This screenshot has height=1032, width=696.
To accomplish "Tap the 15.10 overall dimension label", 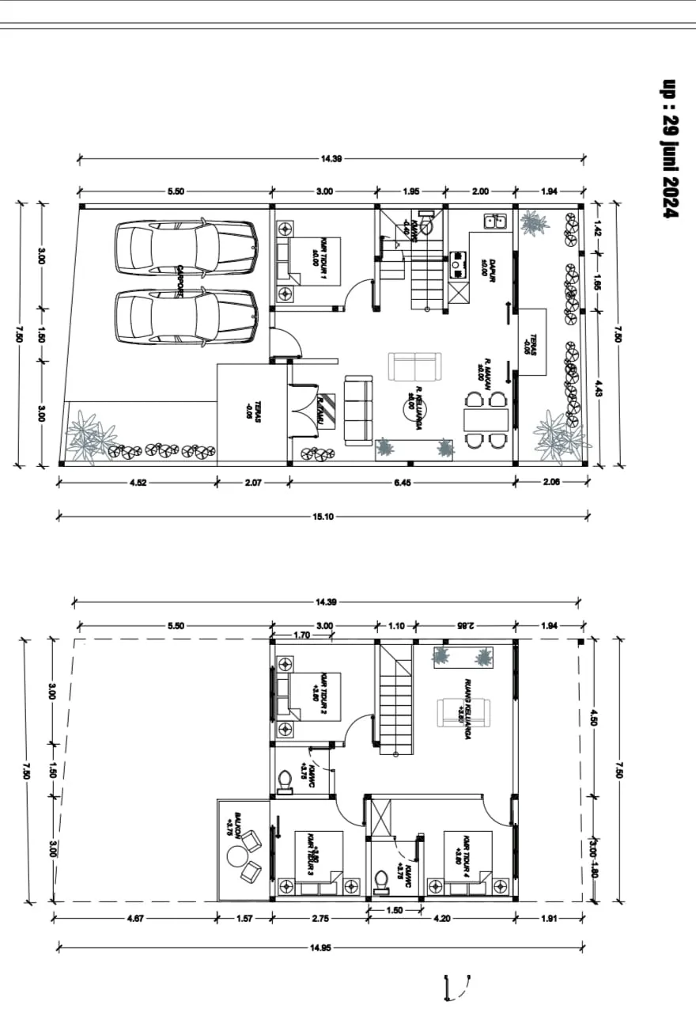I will pyautogui.click(x=323, y=517).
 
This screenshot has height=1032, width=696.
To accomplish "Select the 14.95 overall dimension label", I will pyautogui.click(x=323, y=947).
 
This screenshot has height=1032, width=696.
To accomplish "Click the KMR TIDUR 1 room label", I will pyautogui.click(x=319, y=260).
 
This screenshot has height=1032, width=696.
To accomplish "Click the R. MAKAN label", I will pyautogui.click(x=485, y=372).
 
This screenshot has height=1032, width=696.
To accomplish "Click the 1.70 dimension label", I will pyautogui.click(x=301, y=635).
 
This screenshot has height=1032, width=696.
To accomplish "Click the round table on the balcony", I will pyautogui.click(x=236, y=856).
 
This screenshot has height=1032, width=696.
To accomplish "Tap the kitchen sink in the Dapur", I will pyautogui.click(x=496, y=222).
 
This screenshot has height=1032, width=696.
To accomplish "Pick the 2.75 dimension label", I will pyautogui.click(x=319, y=918).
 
